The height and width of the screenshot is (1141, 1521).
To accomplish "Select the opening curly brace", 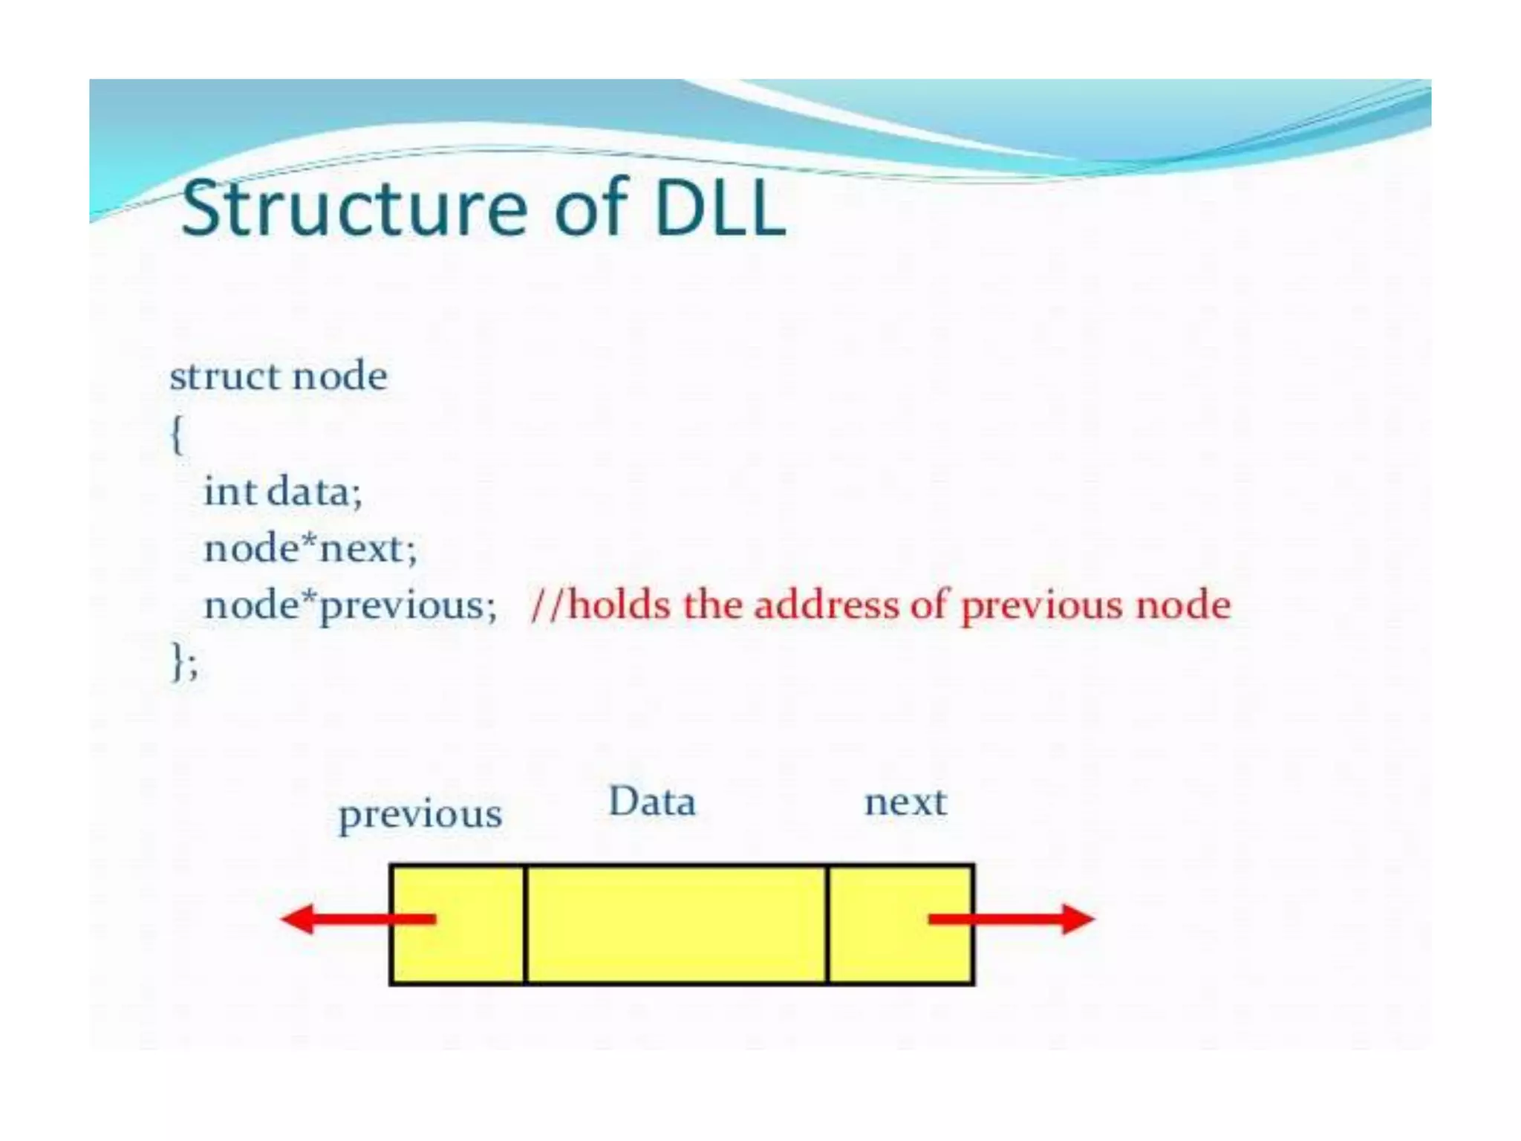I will pyautogui.click(x=177, y=434).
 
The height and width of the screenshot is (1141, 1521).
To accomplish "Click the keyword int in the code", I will pyautogui.click(x=230, y=491).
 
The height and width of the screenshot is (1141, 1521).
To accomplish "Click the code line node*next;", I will pyautogui.click(x=310, y=549).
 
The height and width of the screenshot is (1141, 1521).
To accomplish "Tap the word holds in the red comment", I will pyautogui.click(x=618, y=605).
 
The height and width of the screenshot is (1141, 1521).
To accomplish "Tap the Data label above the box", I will pyautogui.click(x=652, y=802).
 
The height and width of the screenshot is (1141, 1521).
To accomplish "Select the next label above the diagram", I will pyautogui.click(x=905, y=802).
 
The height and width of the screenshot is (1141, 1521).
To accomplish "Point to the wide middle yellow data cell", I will pyautogui.click(x=676, y=925).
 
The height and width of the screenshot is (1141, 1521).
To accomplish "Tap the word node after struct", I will pyautogui.click(x=339, y=376).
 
